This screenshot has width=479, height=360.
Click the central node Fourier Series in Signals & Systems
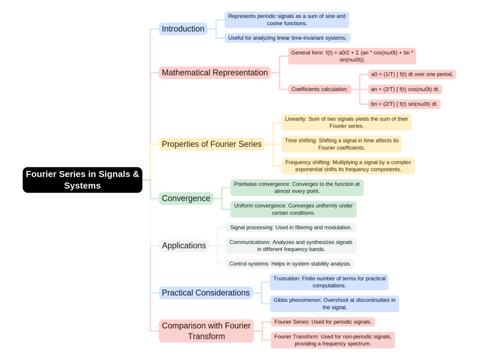click(82, 180)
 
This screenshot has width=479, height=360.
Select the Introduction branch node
click(183, 29)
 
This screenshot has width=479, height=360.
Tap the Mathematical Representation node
click(215, 73)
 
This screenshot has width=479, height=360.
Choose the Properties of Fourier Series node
click(211, 144)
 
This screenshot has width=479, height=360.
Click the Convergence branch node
click(186, 198)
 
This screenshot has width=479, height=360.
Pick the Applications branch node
click(184, 246)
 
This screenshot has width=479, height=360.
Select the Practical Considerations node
click(206, 293)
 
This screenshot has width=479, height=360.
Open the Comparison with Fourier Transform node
click(206, 331)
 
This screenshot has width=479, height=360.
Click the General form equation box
click(352, 56)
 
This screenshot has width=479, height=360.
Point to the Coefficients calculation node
click(320, 89)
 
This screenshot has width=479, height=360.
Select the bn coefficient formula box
click(404, 104)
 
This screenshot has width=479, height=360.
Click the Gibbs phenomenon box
click(334, 304)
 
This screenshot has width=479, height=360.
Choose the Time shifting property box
click(341, 144)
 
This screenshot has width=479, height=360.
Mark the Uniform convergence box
click(293, 209)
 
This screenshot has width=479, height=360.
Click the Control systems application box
click(290, 264)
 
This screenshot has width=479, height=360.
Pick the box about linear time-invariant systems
click(287, 38)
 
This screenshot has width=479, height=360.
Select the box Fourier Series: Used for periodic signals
click(323, 322)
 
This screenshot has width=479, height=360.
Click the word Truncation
click(286, 279)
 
